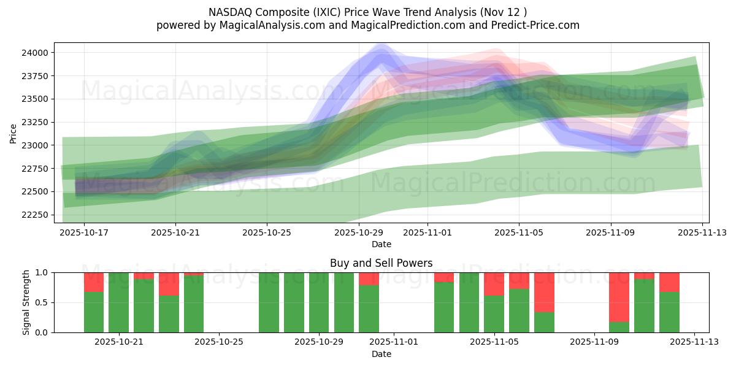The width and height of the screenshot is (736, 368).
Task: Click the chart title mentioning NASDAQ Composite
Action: [367, 12]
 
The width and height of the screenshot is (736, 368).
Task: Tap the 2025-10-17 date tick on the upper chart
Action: [84, 232]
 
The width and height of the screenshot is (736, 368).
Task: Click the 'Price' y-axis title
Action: [13, 133]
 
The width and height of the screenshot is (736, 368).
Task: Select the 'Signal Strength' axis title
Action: [26, 302]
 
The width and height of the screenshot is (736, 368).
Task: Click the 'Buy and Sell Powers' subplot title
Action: [381, 263]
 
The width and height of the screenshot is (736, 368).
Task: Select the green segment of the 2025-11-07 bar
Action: [544, 322]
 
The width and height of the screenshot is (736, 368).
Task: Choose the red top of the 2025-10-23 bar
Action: [169, 284]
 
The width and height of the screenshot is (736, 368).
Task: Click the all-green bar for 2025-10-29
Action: [344, 302]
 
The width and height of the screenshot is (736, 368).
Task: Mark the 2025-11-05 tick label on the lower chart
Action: [494, 342]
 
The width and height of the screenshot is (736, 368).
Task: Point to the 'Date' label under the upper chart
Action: [381, 244]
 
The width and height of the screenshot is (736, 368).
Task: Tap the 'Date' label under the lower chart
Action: [381, 354]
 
